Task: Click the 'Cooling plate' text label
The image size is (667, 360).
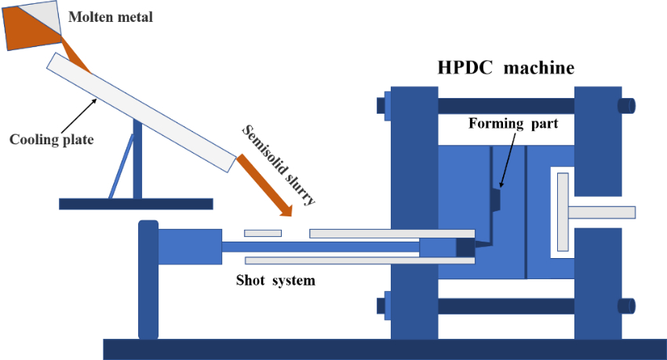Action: [52, 140]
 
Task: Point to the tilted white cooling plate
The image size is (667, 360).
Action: [141, 111]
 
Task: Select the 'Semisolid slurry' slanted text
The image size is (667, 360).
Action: [279, 165]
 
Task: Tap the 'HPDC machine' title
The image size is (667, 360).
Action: [505, 67]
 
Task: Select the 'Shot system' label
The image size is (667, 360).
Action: [276, 280]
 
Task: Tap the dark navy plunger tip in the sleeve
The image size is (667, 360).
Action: [466, 247]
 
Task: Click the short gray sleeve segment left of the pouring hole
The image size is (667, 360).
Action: [262, 233]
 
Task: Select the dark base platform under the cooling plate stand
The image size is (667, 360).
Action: [136, 204]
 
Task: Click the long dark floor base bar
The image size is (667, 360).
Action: [385, 349]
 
